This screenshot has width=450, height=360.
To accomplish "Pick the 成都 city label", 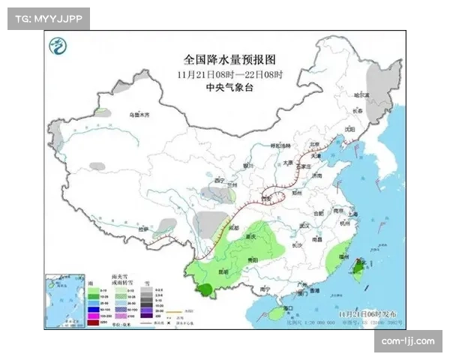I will [233, 227].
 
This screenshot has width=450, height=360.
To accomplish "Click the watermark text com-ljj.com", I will [408, 341].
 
